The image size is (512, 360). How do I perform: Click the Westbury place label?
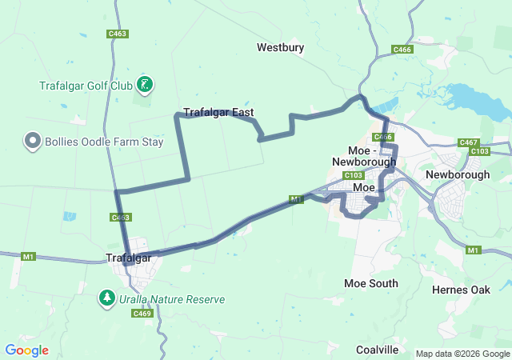pyautogui.click(x=280, y=48)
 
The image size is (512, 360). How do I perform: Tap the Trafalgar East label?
pyautogui.click(x=218, y=113)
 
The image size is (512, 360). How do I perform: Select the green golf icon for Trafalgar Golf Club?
pyautogui.click(x=145, y=84)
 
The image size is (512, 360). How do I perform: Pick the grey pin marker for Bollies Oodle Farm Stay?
pyautogui.click(x=33, y=142)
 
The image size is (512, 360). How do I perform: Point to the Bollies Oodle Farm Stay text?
pyautogui.click(x=104, y=142)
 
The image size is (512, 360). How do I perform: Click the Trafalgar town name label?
pyautogui.click(x=129, y=258)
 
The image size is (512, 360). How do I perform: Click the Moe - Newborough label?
pyautogui.click(x=364, y=156)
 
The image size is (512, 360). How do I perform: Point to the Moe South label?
pyautogui.click(x=370, y=283)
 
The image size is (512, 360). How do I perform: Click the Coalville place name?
pyautogui.click(x=377, y=350)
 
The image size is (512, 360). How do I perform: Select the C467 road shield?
pyautogui.click(x=468, y=142)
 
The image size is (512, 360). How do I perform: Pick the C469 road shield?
pyautogui.click(x=142, y=314)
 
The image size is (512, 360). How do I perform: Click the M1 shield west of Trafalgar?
pyautogui.click(x=29, y=256)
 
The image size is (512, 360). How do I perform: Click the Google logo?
pyautogui.click(x=26, y=350)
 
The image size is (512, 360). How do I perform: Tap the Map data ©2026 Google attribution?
pyautogui.click(x=462, y=354)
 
